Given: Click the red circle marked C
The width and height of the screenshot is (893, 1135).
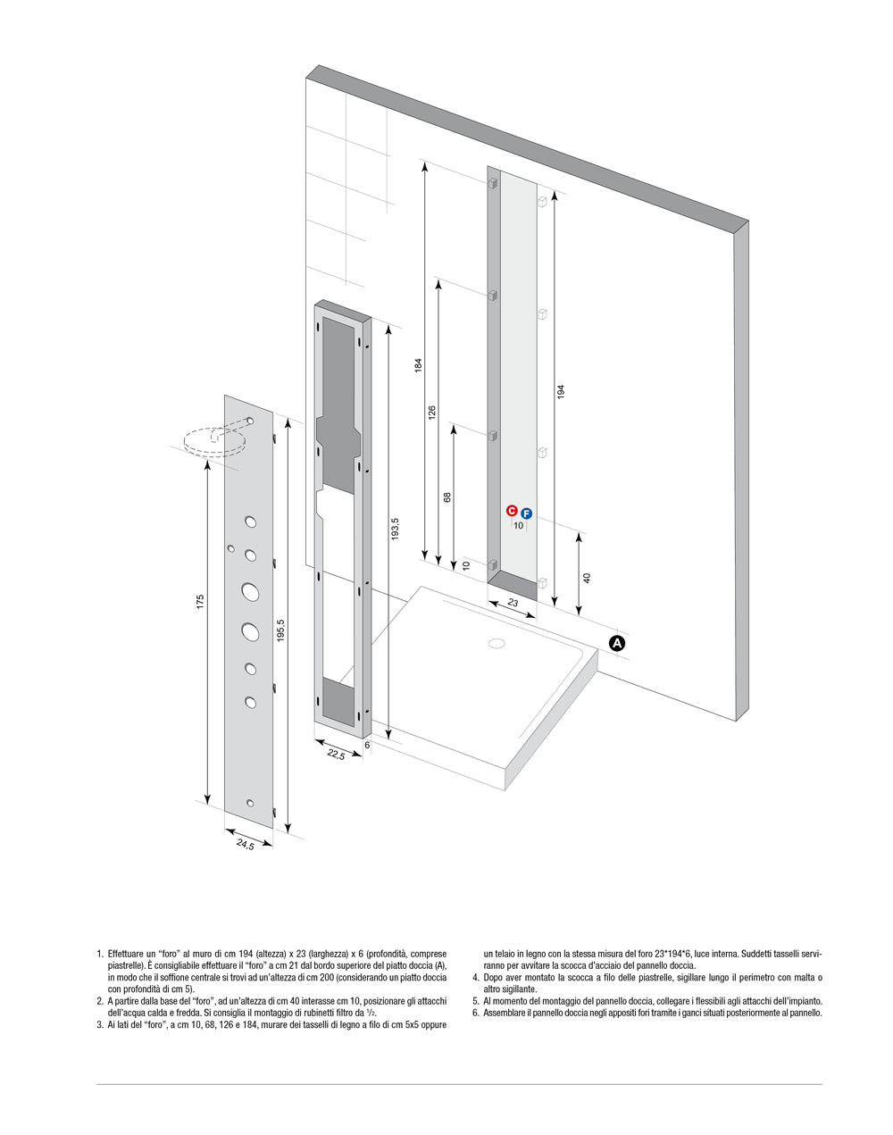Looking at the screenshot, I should (512, 511).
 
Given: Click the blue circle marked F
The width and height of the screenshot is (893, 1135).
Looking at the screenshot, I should (526, 514).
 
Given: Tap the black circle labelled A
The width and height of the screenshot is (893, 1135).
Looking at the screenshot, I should (617, 643).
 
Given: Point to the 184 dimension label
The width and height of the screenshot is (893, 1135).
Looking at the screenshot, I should (418, 365).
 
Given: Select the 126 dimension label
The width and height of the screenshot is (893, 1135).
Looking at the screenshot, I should (431, 413).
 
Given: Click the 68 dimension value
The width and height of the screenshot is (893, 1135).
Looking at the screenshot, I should (447, 497).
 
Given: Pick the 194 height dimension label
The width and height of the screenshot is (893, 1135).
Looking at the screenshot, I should (561, 391).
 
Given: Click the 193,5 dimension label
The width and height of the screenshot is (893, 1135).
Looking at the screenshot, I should (394, 529).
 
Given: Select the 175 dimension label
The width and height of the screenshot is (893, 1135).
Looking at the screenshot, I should (201, 603).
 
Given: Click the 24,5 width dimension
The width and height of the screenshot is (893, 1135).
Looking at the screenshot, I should (245, 845).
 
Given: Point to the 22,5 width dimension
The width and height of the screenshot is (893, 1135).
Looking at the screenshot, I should (336, 755).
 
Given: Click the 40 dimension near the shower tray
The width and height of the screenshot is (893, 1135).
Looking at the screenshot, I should (587, 578).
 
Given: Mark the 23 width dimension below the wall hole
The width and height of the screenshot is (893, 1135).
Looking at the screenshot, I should (513, 603).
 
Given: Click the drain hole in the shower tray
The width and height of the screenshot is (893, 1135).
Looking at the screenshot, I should (496, 643).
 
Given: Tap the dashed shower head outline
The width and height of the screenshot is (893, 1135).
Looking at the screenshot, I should (212, 441).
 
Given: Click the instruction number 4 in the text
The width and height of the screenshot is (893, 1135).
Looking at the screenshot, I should (475, 978).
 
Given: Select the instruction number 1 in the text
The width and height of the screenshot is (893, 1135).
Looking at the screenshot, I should (99, 954).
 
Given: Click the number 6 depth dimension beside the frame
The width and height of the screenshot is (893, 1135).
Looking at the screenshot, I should (367, 745).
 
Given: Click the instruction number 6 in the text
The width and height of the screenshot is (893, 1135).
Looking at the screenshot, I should (475, 1013).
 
